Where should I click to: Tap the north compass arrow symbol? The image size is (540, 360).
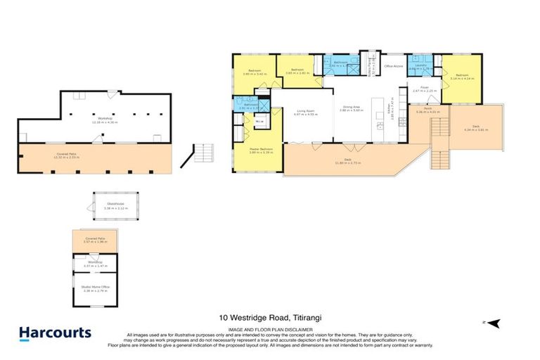494,323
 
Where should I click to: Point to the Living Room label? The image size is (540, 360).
304,110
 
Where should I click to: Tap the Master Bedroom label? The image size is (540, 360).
261,149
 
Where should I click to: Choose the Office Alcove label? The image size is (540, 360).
393,66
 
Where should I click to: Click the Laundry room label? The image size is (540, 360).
422,66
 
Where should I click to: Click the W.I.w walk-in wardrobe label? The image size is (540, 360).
259,122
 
